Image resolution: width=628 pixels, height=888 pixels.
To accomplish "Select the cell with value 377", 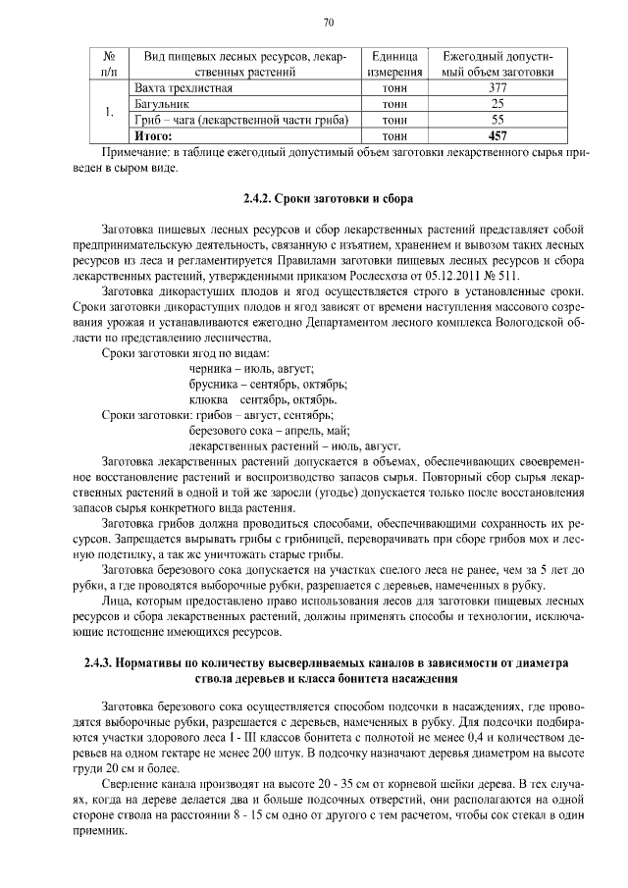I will [x=497, y=87].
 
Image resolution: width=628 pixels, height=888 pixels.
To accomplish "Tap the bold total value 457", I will [x=497, y=135].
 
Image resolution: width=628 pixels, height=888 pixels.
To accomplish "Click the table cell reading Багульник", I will [x=162, y=103].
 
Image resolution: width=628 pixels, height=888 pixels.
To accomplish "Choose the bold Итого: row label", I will [x=153, y=135].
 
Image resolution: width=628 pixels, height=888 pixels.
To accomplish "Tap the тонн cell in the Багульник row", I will [x=395, y=103].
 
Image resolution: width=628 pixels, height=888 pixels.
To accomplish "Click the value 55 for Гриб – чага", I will [x=497, y=119].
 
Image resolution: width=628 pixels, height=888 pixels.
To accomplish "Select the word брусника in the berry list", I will [x=213, y=384].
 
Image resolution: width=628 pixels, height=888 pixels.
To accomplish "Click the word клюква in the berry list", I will [x=207, y=399].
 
